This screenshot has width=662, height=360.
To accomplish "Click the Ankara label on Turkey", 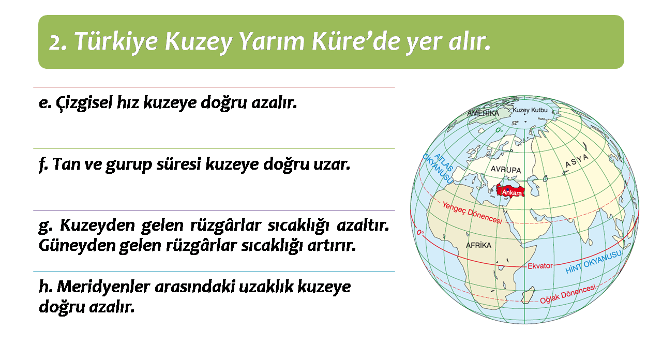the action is pos(512,193).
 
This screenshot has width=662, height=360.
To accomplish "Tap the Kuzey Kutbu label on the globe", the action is pos(530,110).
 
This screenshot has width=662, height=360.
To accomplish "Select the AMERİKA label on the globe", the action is pos(483,113).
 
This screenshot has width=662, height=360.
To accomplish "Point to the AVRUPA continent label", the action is pos(506,170).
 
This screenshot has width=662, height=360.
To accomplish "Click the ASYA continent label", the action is pos(577,160).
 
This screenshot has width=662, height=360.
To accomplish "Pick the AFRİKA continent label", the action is pos(478,245).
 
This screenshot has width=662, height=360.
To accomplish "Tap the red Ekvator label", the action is pos(540,266).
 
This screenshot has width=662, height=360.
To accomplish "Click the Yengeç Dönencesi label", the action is pos(472,212).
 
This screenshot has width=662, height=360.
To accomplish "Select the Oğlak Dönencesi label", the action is pos(568,294).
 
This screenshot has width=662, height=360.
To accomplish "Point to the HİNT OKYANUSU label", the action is pos(593,262).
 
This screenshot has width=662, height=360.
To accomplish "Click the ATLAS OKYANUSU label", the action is pos(438,168).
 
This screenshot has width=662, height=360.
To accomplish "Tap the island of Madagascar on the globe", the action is pos(528,295).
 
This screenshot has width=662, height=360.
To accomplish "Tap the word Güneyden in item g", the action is pos(77,245).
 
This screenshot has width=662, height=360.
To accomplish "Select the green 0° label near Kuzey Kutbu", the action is pos(499,130).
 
